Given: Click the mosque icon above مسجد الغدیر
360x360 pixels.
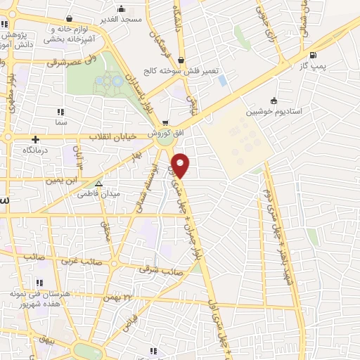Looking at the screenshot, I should point(122,9).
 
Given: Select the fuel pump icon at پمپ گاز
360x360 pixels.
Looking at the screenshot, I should point(312,56).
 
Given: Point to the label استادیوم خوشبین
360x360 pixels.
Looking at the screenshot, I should point(274,112).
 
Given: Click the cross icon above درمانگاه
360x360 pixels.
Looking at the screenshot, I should point(35,139).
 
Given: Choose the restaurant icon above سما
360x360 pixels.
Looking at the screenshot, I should point(61,111).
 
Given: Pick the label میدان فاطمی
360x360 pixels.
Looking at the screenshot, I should point(98,193).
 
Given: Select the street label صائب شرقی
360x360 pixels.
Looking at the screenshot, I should point(161,268).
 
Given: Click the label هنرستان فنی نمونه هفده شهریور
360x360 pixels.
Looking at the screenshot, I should point(39,297).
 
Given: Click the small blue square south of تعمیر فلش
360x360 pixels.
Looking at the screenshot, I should point(223,80).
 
